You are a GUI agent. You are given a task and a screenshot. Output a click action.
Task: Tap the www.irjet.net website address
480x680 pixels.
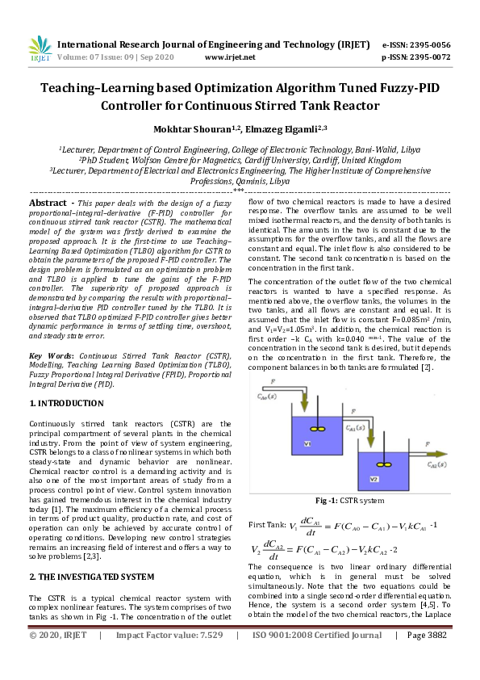(230, 57)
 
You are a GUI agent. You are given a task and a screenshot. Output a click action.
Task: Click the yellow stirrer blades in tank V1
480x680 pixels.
(315, 429)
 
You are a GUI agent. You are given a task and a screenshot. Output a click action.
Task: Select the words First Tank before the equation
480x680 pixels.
(269, 525)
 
